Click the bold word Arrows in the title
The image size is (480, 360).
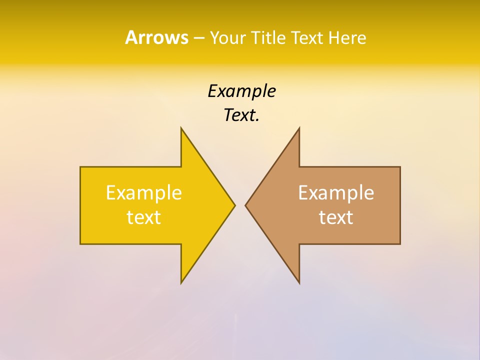156,37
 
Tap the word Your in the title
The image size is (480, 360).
228,38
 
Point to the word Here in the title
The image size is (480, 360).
347,38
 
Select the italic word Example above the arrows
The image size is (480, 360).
241,91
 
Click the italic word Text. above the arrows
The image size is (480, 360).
241,115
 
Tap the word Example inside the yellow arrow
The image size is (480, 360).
144,192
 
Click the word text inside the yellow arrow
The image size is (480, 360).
144,217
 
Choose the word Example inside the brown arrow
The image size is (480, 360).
336,192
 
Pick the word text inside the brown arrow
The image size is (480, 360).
336,217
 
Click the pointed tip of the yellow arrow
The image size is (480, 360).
234,205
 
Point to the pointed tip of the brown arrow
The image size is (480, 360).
245,205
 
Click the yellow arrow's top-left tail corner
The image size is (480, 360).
80,167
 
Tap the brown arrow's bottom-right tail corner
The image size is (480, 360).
400,243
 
